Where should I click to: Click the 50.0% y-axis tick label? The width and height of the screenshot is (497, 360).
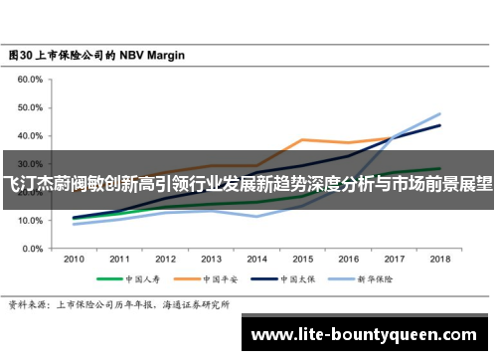click(30, 107)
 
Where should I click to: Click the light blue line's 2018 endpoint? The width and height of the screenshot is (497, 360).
click(439, 113)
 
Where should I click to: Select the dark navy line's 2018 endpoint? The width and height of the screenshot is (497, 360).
click(439, 125)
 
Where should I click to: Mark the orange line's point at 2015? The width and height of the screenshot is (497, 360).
click(302, 139)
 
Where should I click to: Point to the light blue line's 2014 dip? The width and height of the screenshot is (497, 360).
click(256, 216)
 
